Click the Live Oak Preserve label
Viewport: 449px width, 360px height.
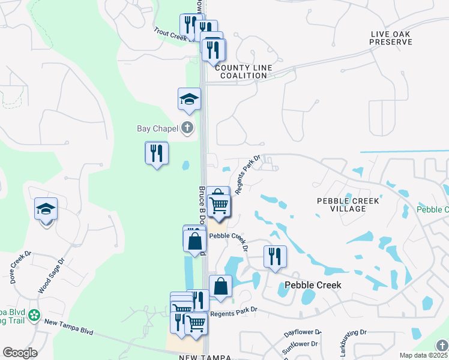point(391,38)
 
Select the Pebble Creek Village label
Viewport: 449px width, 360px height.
point(348,205)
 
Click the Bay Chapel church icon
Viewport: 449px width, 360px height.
point(188,127)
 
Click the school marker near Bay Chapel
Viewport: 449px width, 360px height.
point(189,100)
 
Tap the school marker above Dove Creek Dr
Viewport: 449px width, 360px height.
point(46,210)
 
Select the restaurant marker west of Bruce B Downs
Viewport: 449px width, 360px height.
point(157,154)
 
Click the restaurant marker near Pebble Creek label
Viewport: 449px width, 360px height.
point(275,257)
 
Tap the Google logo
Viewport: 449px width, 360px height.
point(20,353)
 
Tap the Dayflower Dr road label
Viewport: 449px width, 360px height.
point(303,332)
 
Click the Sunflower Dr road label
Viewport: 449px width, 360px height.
point(300,344)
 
